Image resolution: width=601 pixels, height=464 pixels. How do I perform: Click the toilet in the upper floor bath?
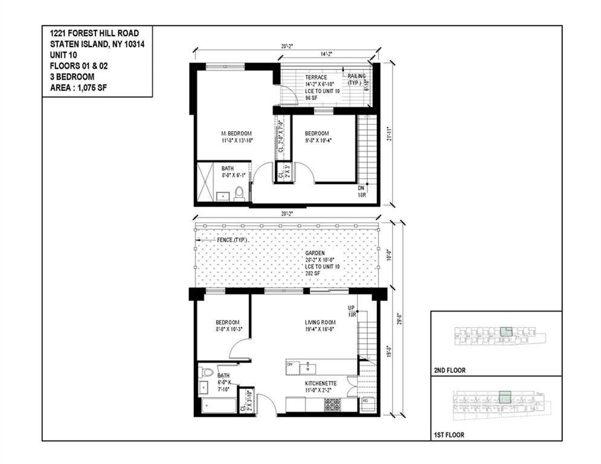click(239, 193)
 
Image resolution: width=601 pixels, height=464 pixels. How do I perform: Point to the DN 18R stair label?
click(362, 191)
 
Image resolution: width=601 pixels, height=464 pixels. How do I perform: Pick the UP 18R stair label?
click(351, 311)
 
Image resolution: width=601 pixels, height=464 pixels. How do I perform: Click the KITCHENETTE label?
click(320, 384)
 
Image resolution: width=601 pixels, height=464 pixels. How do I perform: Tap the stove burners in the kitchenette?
click(333, 404)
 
